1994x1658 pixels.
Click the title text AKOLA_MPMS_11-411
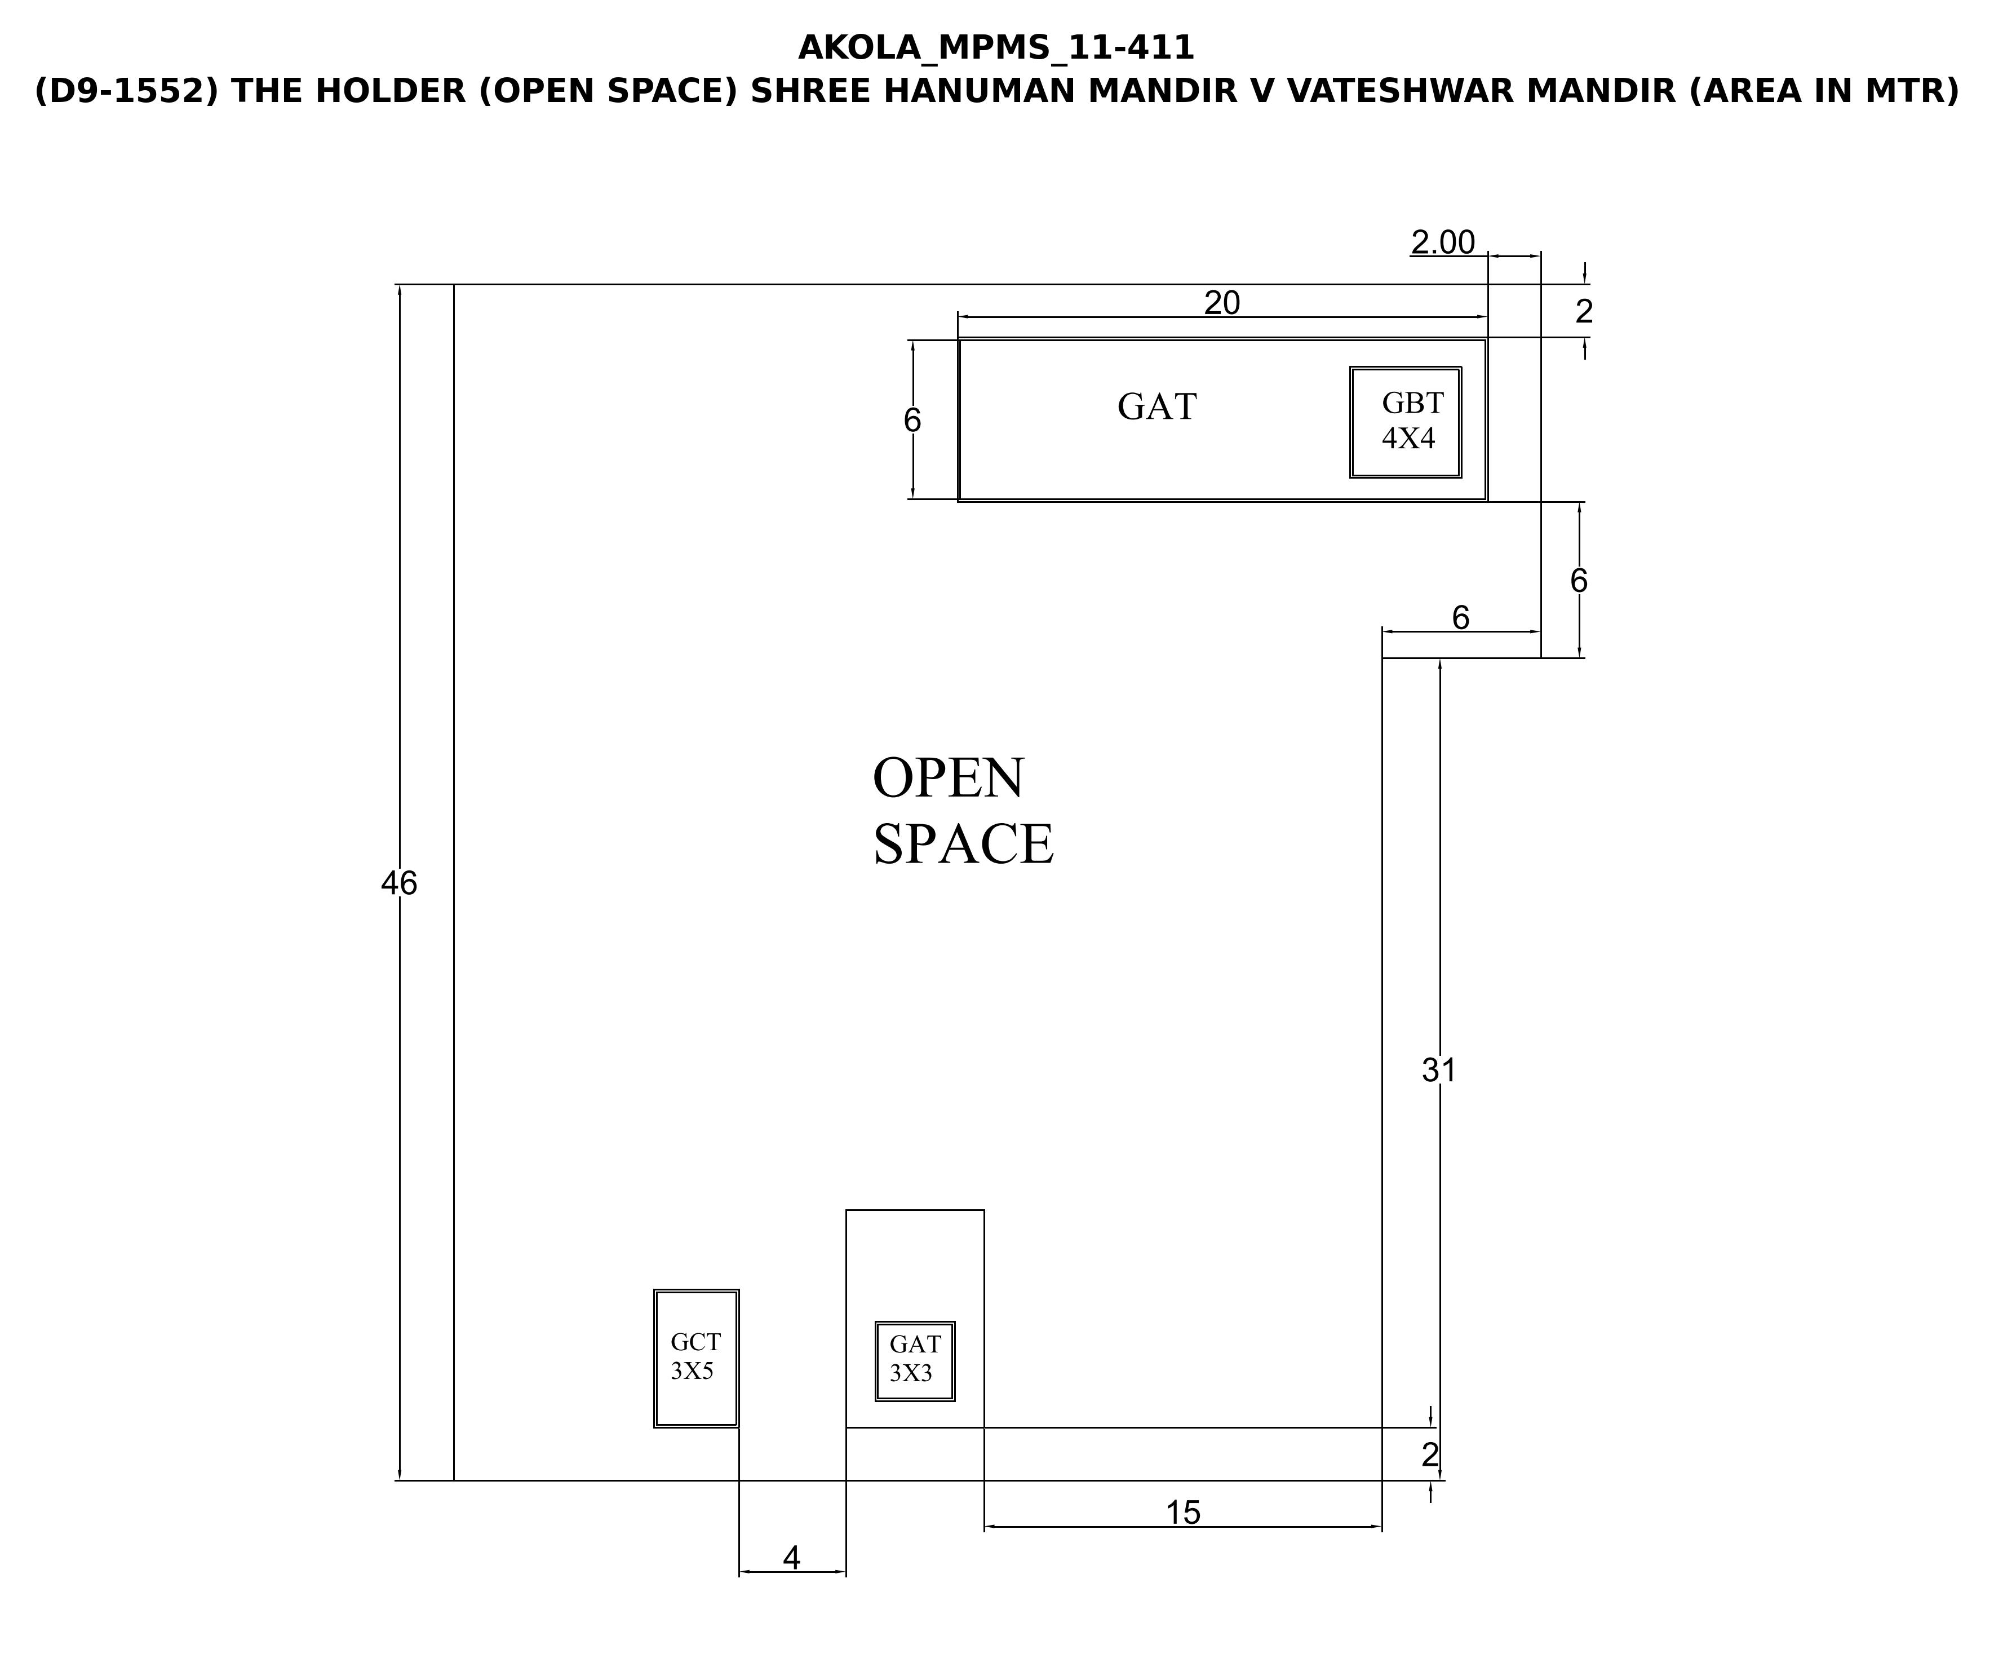996,47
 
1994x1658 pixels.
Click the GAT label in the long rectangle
1156,406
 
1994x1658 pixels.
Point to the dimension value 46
399,883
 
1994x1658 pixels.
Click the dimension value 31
1438,1070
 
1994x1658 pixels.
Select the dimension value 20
1222,303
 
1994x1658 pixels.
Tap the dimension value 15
1183,1513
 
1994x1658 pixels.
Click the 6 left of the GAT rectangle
912,420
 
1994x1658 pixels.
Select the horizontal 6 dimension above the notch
1460,618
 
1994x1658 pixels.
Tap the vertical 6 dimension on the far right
1579,580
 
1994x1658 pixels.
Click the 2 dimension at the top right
1584,311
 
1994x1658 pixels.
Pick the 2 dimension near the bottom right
1430,1455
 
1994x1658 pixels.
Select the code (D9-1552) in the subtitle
127,91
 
